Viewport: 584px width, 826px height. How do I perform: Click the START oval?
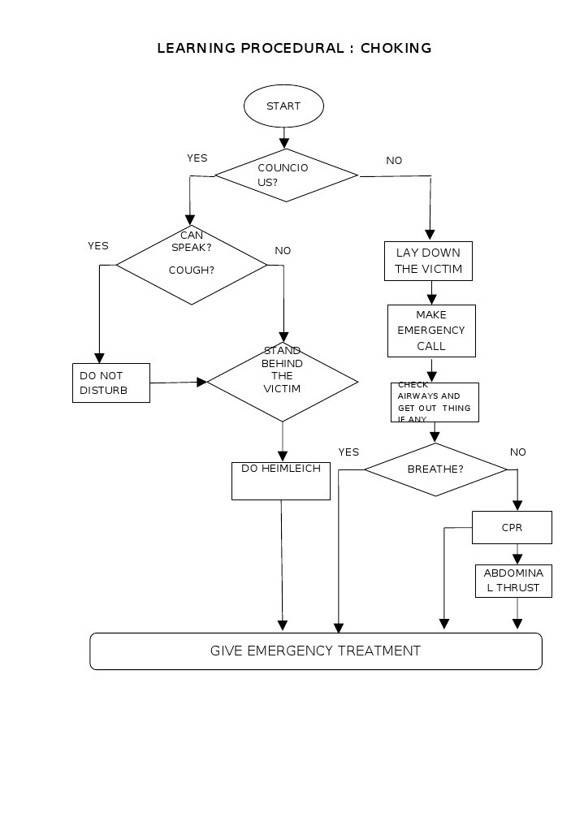[x=283, y=106]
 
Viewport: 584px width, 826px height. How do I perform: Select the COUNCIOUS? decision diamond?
[x=285, y=175]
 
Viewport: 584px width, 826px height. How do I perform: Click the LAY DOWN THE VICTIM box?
[x=428, y=261]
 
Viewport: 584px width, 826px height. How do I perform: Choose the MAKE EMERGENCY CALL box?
[x=431, y=331]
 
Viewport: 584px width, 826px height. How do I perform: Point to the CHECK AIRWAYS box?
[x=435, y=402]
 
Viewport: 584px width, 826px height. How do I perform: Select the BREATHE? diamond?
[x=435, y=469]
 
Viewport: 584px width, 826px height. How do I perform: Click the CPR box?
[x=512, y=528]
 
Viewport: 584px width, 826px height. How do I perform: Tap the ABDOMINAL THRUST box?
[x=513, y=581]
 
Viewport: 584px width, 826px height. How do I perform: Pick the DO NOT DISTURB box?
[x=111, y=383]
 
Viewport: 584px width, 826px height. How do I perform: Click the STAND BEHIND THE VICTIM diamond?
[x=283, y=381]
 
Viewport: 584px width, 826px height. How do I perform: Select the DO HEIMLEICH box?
[x=281, y=481]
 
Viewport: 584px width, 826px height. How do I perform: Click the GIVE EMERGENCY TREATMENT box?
[x=315, y=651]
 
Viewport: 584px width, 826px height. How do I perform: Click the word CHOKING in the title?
[x=396, y=49]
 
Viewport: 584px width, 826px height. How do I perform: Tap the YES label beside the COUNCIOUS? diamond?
[x=197, y=158]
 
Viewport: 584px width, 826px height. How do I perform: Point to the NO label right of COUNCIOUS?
[x=394, y=161]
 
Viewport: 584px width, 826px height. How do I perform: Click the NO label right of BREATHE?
[x=517, y=452]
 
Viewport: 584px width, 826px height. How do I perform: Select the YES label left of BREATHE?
[x=348, y=452]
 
